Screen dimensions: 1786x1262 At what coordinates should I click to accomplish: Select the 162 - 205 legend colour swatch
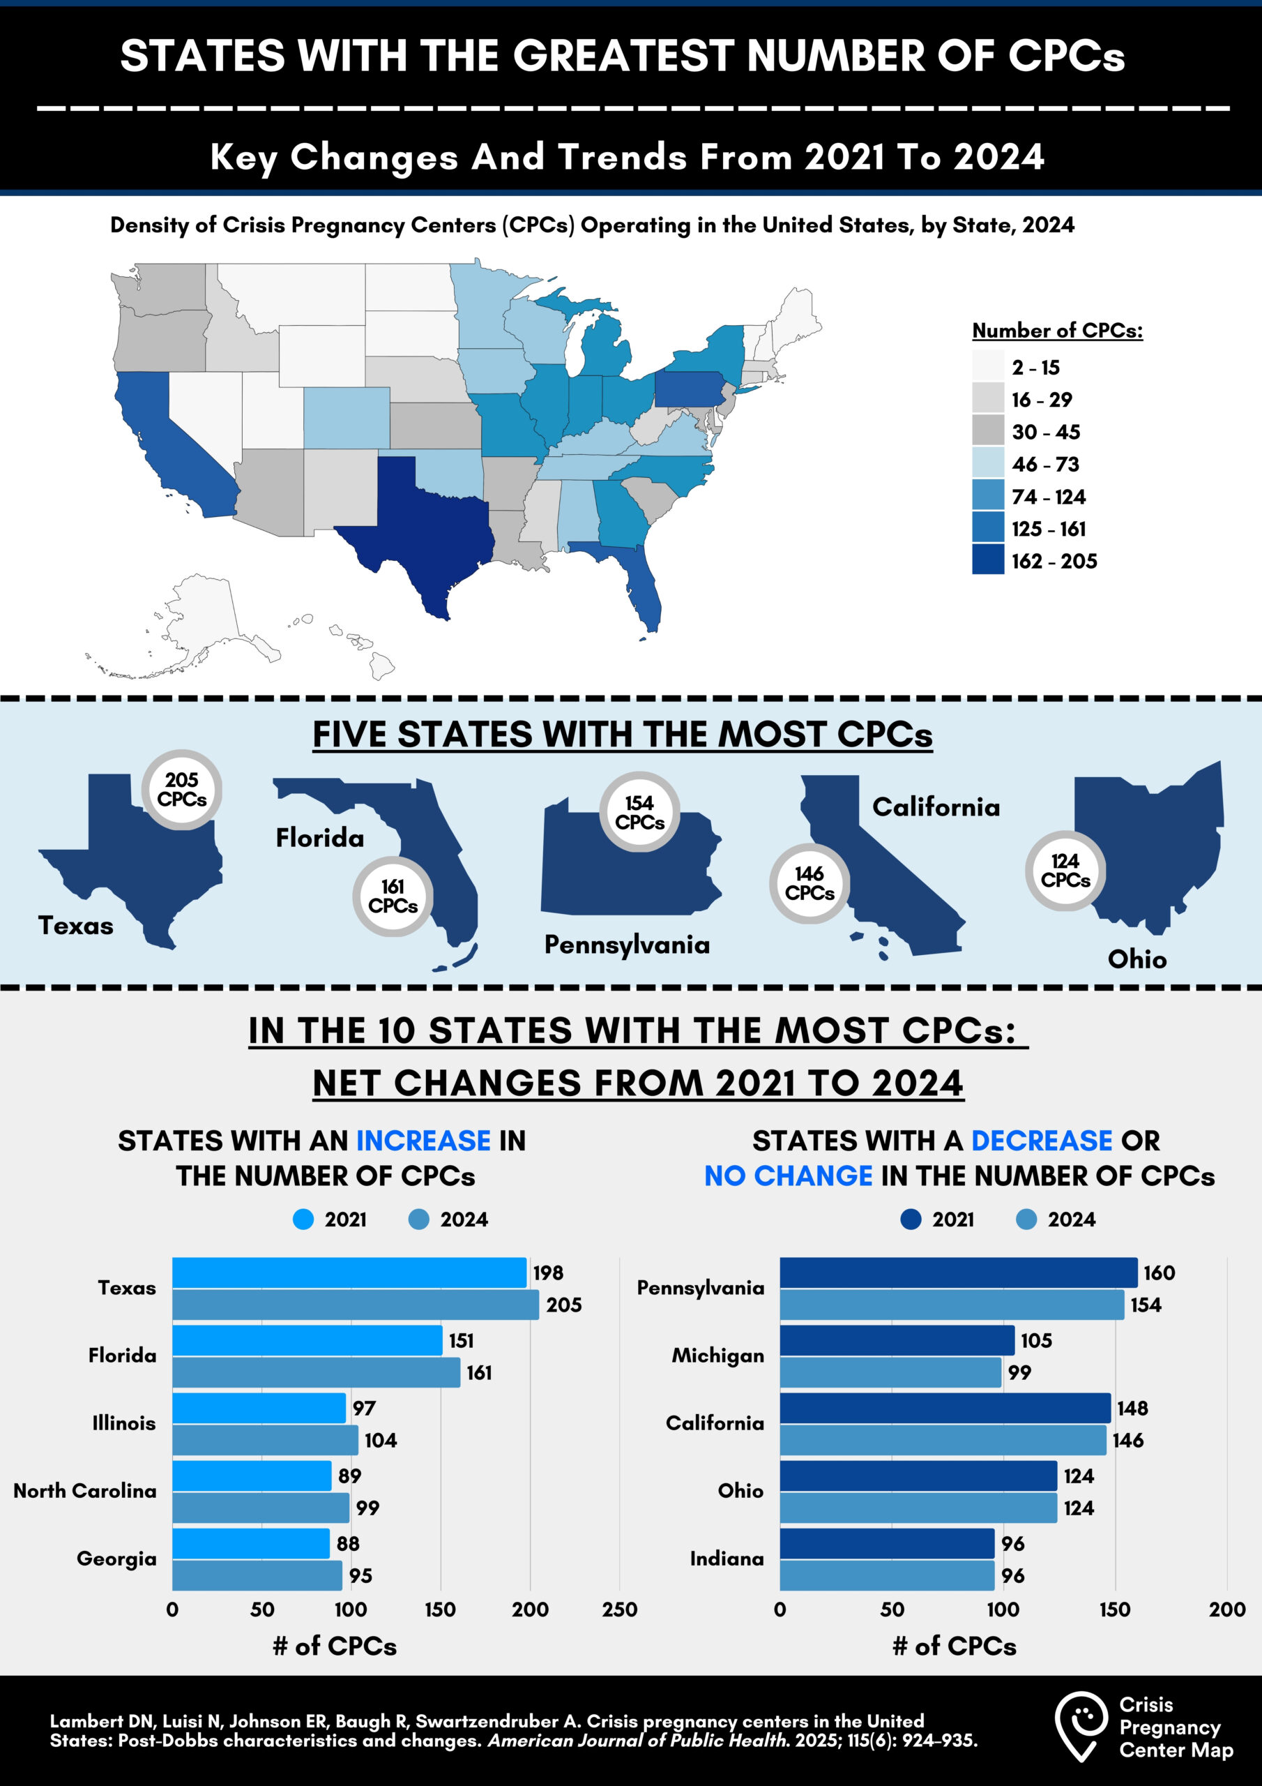click(x=987, y=560)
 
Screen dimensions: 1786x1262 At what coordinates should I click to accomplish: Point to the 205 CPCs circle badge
click(x=182, y=790)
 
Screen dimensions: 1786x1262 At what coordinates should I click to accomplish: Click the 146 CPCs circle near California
click(x=809, y=883)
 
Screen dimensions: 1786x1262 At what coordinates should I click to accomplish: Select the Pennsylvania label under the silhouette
click(x=627, y=945)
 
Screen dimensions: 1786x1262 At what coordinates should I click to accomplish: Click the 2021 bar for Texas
click(x=349, y=1273)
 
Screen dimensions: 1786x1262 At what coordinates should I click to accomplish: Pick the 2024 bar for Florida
click(x=316, y=1372)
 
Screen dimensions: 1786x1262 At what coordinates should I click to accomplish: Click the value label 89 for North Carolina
click(x=349, y=1476)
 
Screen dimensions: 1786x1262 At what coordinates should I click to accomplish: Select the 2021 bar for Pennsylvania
click(x=958, y=1273)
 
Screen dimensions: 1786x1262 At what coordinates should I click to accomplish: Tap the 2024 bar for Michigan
click(x=890, y=1372)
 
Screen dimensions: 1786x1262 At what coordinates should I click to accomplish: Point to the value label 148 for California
click(x=1132, y=1408)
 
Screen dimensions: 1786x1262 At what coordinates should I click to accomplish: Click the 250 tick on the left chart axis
click(x=619, y=1609)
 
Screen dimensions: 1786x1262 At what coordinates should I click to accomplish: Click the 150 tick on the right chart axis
click(x=1114, y=1609)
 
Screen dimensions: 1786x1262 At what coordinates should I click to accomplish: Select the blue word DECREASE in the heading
click(x=1041, y=1141)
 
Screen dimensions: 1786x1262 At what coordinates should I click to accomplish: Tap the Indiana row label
click(x=727, y=1558)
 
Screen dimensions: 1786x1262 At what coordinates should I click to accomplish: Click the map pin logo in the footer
click(x=1081, y=1726)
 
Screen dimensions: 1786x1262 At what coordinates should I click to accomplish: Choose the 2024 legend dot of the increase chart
click(x=418, y=1219)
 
